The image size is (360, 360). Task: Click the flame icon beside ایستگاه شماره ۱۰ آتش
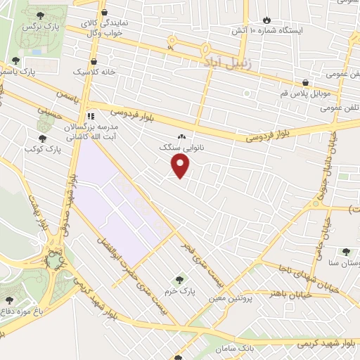(266, 20)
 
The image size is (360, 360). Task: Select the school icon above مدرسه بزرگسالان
(90, 116)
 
